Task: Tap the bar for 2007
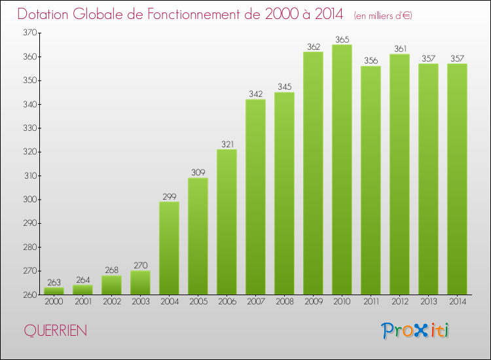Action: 255,196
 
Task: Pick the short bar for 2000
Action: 54,291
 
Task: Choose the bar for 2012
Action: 399,173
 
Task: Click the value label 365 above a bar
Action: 342,39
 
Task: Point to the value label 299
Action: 169,196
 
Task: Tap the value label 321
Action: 227,144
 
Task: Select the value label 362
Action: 313,46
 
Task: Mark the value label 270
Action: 140,266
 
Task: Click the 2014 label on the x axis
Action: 457,302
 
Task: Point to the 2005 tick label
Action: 198,302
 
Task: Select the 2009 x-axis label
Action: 313,302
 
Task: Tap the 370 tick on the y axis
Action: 29,33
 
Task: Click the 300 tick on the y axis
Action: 29,200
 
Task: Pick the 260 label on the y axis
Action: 29,295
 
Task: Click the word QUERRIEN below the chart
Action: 55,331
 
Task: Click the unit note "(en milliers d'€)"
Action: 383,15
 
